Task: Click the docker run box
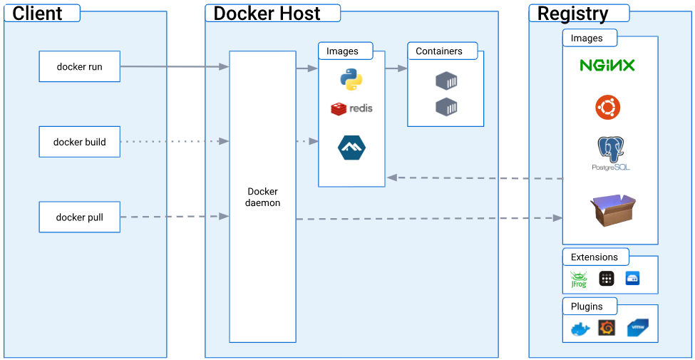[x=80, y=67]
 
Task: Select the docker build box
[x=80, y=142]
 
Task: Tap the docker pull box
[x=80, y=217]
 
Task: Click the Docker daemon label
[x=262, y=197]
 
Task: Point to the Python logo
[x=351, y=80]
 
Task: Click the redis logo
[x=351, y=108]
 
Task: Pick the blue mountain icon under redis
[x=351, y=148]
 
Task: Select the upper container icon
[x=446, y=81]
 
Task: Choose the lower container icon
[x=446, y=107]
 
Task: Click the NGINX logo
[x=607, y=66]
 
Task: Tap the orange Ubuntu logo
[x=607, y=108]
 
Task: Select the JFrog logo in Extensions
[x=578, y=279]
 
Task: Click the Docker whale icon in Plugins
[x=580, y=329]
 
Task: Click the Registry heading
[x=573, y=13]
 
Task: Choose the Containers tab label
[x=439, y=51]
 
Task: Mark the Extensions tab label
[x=594, y=257]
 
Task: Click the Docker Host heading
[x=267, y=13]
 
